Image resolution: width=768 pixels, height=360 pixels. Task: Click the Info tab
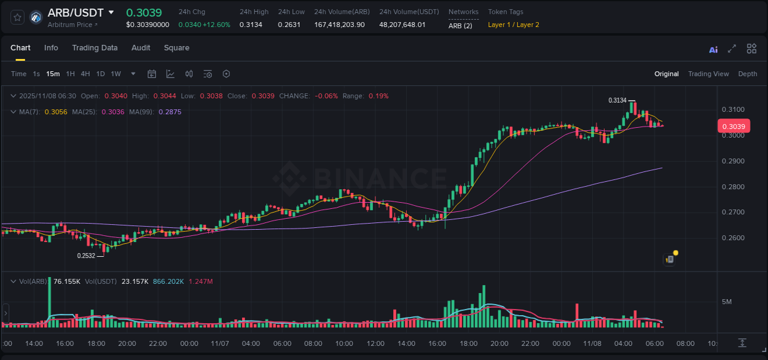[x=51, y=48]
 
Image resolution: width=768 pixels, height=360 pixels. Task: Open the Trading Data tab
[x=95, y=48]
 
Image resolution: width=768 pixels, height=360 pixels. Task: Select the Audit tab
[x=141, y=48]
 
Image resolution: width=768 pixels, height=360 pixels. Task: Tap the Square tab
[x=176, y=48]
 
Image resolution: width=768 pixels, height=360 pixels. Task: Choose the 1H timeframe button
[x=70, y=74]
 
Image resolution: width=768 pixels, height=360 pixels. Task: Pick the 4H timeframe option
[x=85, y=74]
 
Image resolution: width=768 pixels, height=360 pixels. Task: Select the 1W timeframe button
[x=116, y=74]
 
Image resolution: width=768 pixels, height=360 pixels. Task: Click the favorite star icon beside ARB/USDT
[x=17, y=17]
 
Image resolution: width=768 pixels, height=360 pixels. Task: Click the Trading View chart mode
[x=708, y=74]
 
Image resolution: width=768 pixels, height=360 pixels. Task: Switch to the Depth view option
[x=748, y=74]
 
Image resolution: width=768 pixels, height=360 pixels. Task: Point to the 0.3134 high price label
[x=617, y=100]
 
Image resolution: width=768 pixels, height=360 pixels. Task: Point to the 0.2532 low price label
[x=86, y=256]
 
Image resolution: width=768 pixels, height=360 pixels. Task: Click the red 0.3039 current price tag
[x=733, y=127]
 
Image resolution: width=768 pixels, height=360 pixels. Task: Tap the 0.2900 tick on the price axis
[x=733, y=161]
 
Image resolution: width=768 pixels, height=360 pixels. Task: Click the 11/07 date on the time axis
[x=220, y=343]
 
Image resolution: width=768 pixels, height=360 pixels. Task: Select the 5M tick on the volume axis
[x=727, y=302]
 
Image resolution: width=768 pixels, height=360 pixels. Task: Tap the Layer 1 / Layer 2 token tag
[x=514, y=25]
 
